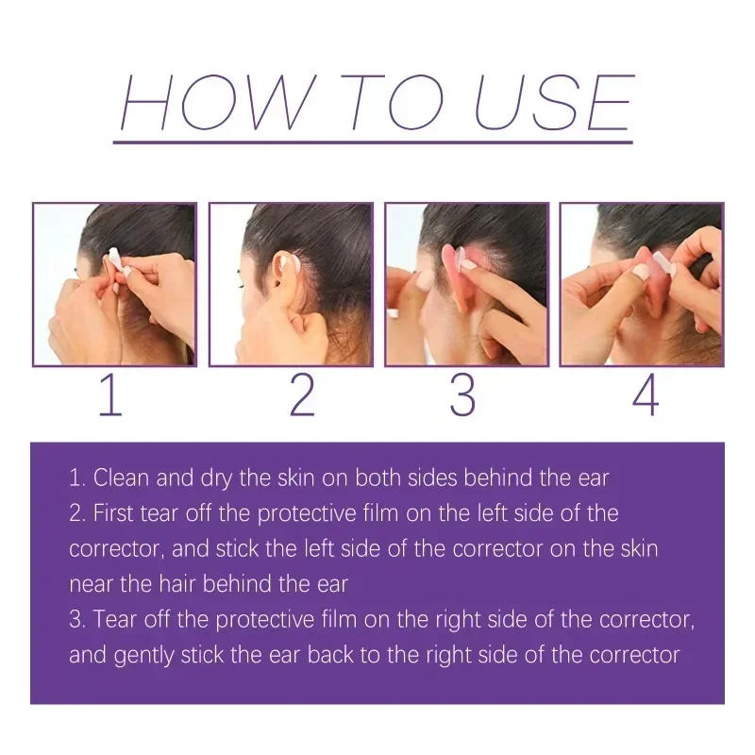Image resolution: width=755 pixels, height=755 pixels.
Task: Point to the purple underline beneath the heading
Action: [x=373, y=142]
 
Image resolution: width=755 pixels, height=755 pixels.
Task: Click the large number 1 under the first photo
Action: [x=110, y=395]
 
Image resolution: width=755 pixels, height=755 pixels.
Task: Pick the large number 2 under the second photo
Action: [x=301, y=395]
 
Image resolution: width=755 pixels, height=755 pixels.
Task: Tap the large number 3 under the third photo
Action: [x=461, y=395]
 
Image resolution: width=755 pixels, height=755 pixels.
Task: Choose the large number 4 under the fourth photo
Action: [x=645, y=395]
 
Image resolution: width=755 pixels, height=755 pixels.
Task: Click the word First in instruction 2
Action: [x=118, y=512]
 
